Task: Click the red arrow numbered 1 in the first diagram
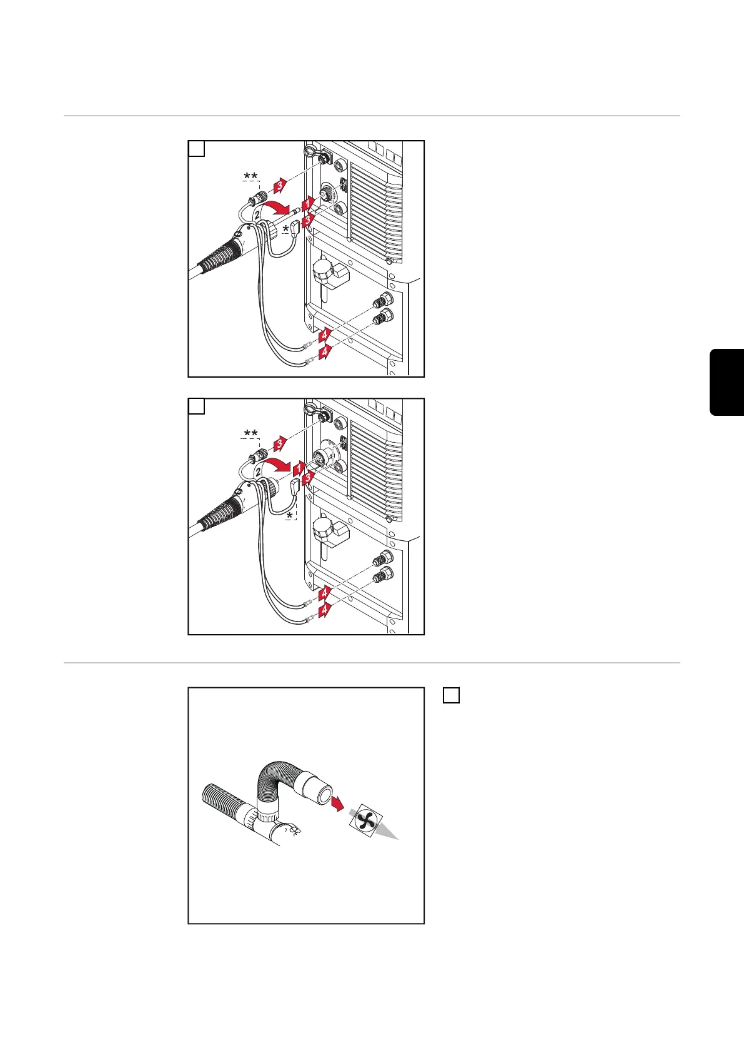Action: point(307,204)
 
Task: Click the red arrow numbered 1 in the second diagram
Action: point(299,469)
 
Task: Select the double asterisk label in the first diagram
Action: point(250,177)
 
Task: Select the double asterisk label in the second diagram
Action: point(250,433)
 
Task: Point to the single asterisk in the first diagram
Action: point(286,229)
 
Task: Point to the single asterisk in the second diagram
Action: point(290,516)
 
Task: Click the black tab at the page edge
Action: point(727,382)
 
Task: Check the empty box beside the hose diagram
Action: point(451,695)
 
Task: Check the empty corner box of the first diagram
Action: point(196,149)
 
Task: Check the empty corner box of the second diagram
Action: point(196,406)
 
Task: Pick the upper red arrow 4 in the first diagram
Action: point(324,335)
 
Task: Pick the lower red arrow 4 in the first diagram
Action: point(324,351)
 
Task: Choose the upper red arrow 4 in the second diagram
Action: point(324,593)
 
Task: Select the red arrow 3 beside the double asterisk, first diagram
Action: point(280,185)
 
